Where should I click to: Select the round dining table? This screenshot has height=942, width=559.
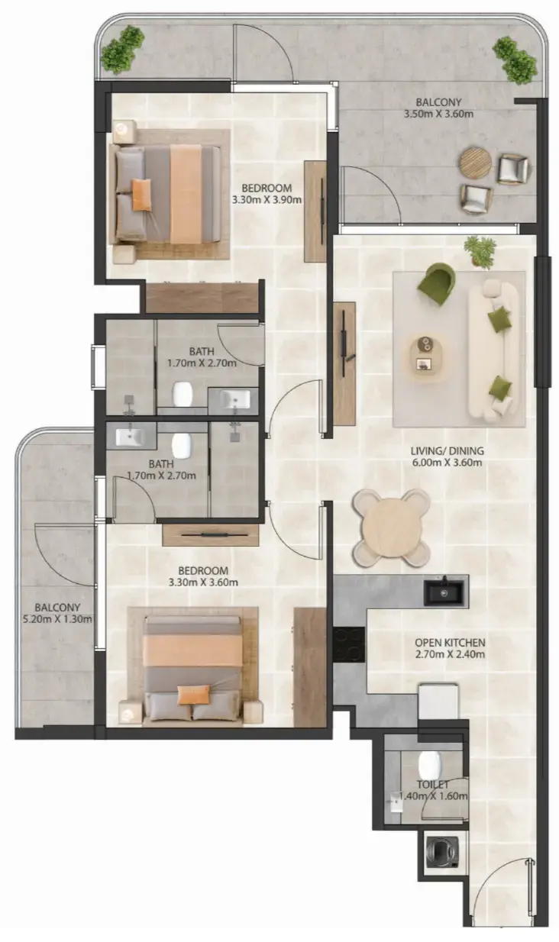pyautogui.click(x=390, y=527)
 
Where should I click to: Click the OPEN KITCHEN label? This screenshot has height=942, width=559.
pyautogui.click(x=450, y=642)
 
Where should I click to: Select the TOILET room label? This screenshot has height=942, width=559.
pyautogui.click(x=432, y=784)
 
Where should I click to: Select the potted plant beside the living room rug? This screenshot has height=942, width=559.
pyautogui.click(x=480, y=251)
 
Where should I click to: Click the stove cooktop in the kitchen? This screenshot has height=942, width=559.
pyautogui.click(x=349, y=644)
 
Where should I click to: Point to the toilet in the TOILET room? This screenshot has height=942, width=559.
pyautogui.click(x=430, y=764)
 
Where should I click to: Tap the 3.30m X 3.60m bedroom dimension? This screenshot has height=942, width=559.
pyautogui.click(x=203, y=582)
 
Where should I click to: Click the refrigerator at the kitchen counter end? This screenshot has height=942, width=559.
pyautogui.click(x=438, y=701)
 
